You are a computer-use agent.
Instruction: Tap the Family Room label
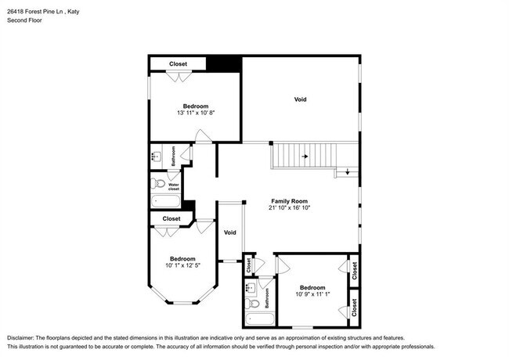[289, 201]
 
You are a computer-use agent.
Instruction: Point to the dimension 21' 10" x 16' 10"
[289, 209]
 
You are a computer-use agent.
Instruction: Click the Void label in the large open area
[300, 99]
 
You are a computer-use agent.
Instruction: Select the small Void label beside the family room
[230, 232]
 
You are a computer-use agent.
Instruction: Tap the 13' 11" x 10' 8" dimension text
[196, 113]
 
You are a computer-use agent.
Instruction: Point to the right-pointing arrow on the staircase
[305, 157]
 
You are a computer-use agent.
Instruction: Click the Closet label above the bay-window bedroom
[171, 218]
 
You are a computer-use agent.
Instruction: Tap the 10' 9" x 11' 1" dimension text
[312, 294]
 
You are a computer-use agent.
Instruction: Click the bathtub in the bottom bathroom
[258, 319]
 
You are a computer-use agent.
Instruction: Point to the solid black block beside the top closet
[227, 63]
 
